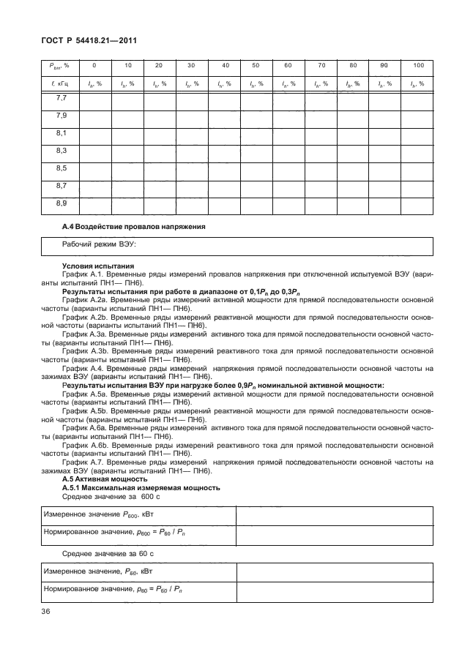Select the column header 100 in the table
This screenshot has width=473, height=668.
coord(417,65)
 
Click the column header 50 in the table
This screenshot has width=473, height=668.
coord(256,65)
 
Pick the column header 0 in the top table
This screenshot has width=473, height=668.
coord(94,65)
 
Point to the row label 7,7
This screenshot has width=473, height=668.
coord(62,99)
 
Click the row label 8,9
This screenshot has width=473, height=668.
coord(62,203)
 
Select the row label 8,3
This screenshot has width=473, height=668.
coord(62,151)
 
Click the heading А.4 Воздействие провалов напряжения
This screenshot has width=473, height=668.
coord(134,226)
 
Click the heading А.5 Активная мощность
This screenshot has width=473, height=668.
coord(105,479)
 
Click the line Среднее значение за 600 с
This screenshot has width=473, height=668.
coord(111,497)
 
